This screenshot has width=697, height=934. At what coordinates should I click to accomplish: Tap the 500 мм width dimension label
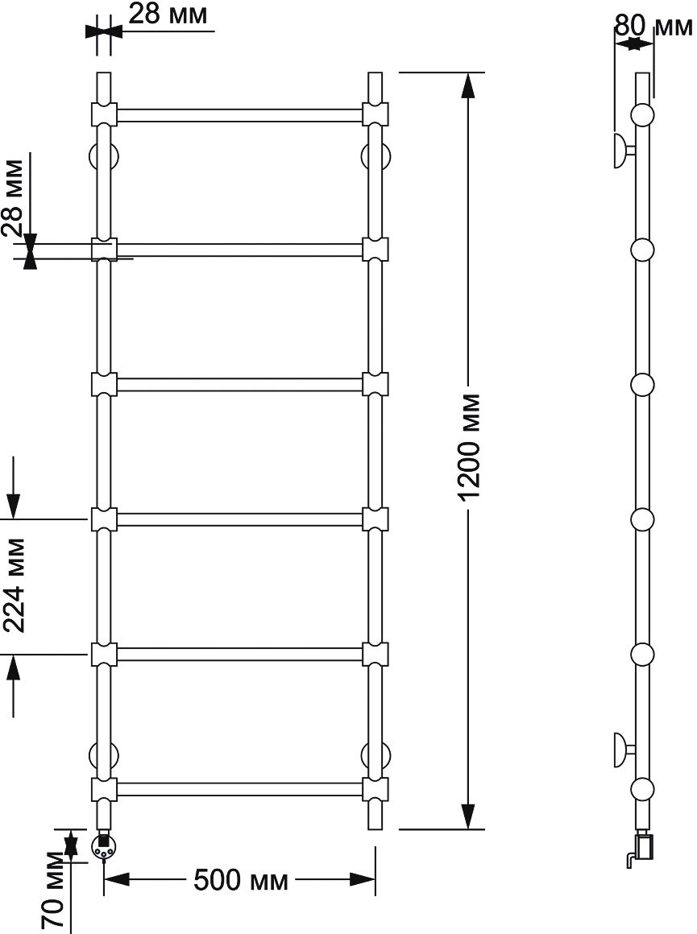pos(240,880)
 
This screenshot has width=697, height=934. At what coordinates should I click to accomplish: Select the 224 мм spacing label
pos(15,585)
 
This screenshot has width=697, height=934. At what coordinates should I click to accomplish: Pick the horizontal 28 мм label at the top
pos(168,14)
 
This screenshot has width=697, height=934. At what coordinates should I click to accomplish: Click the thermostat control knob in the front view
pos(104,847)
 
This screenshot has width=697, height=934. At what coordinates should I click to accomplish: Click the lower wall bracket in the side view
pos(624,749)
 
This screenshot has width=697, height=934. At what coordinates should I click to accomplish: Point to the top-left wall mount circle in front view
pos(104,156)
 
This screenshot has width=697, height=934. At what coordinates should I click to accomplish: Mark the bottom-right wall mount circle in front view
pos(375,755)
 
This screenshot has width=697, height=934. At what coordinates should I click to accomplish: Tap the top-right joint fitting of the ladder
pos(375,114)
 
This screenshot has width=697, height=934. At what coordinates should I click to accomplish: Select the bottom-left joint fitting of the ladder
pos(104,789)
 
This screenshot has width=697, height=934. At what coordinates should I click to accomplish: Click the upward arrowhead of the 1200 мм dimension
pos(469,85)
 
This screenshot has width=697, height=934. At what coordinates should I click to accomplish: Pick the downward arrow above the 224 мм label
pos(15,488)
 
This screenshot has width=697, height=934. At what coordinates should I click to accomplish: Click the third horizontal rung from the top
pos(239,384)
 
